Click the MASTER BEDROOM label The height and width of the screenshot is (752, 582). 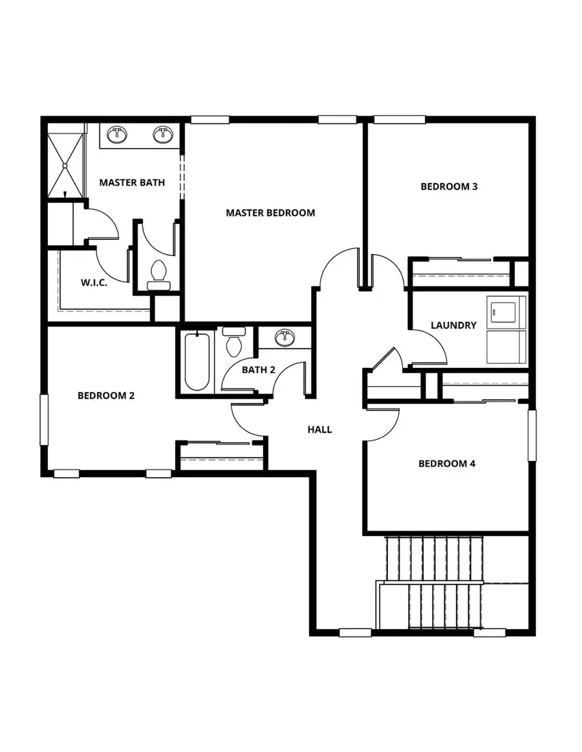[270, 213]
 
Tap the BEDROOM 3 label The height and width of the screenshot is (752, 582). [449, 187]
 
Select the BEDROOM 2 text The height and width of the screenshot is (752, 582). [106, 396]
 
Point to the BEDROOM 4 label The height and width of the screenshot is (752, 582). [447, 464]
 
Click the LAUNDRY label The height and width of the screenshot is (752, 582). [453, 325]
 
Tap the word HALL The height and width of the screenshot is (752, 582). [319, 429]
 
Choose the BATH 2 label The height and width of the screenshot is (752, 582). [259, 370]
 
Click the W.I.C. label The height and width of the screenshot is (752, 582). [94, 283]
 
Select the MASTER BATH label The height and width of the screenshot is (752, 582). [132, 183]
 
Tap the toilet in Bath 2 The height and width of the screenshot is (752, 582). [233, 342]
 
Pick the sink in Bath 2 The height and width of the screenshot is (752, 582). [283, 338]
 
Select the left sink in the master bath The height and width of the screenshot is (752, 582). [118, 135]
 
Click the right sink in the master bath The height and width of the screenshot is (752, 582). [162, 135]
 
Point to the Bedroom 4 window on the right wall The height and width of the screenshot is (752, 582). [532, 435]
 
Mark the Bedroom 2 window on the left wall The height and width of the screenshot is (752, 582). [45, 420]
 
